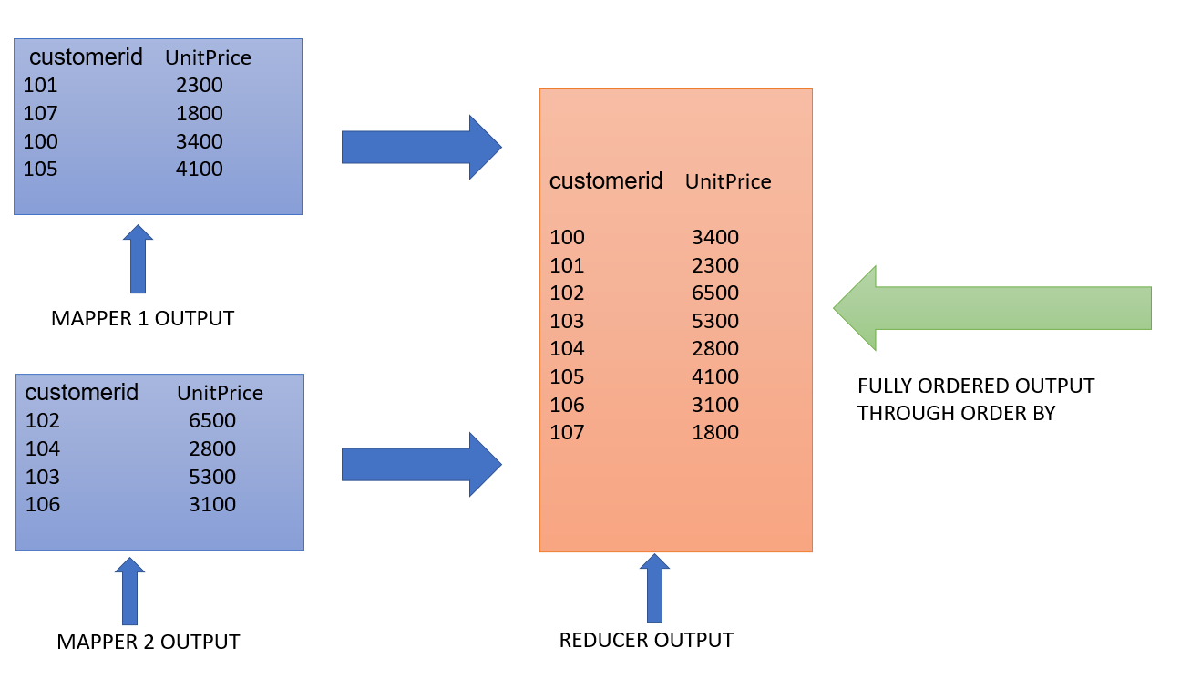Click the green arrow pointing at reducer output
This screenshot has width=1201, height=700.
993,308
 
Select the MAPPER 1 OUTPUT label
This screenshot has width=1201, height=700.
142,319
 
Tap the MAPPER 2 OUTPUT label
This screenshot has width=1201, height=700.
148,642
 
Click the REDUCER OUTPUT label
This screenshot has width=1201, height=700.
646,640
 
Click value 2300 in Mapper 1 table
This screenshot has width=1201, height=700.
200,86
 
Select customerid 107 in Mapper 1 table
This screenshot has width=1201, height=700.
41,114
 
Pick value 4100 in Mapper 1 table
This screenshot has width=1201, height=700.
200,169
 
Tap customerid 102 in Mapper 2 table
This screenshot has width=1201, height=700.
43,421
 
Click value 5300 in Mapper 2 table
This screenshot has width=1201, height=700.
212,477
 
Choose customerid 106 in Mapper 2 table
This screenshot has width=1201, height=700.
43,505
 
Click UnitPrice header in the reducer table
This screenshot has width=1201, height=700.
728,182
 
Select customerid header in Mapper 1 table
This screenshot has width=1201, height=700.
87,57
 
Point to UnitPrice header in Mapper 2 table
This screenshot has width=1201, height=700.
220,393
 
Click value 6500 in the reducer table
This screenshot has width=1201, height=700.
715,293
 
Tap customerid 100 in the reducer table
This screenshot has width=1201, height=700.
567,238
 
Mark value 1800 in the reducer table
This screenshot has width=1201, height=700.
715,433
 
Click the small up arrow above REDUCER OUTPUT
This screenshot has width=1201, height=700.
654,588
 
